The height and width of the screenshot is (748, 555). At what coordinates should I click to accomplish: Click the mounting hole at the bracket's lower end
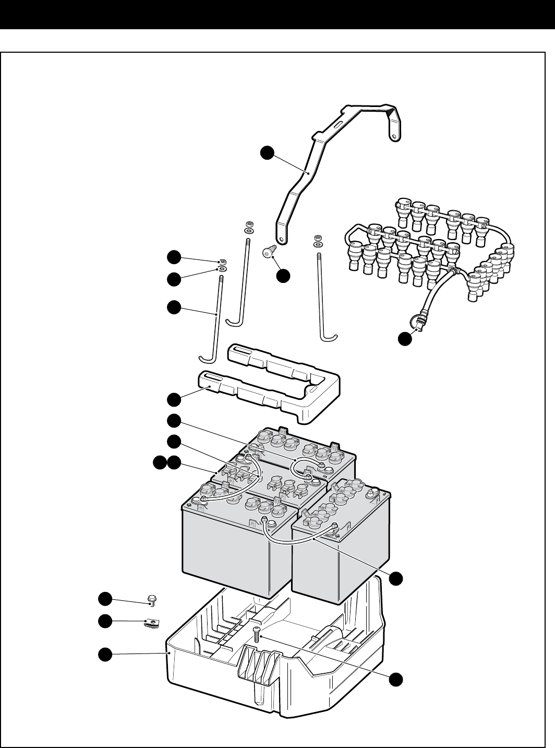281,240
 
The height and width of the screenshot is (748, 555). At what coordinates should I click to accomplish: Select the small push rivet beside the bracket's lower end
268,253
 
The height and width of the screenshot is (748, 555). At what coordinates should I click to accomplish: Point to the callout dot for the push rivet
283,276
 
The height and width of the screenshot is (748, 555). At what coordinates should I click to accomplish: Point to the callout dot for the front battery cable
397,578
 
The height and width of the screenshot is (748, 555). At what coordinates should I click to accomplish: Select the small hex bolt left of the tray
152,600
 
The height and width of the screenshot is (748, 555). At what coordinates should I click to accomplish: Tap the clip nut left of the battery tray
151,624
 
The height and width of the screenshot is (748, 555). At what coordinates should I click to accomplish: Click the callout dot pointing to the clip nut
106,621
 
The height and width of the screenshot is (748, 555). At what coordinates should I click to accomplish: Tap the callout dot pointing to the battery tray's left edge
106,654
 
